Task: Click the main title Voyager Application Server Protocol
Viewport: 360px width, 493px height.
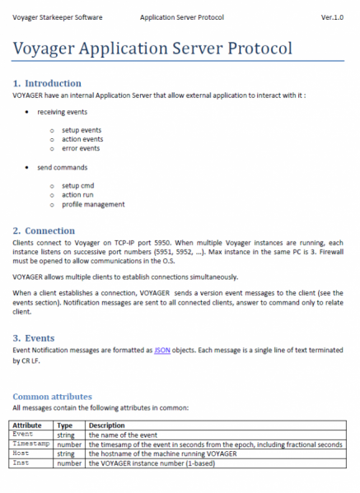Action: tap(152, 48)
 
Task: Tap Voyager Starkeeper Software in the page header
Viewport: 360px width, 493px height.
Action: tap(53, 16)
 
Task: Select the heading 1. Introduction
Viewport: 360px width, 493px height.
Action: tap(47, 83)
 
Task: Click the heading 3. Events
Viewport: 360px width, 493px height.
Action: tap(36, 338)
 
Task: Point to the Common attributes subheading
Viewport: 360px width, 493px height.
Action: tap(52, 397)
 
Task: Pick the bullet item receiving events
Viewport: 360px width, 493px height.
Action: tap(62, 111)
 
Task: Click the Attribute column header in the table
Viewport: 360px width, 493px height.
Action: tap(30, 425)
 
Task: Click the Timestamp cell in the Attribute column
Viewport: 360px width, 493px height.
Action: tap(31, 444)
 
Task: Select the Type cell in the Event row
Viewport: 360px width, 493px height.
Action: tap(66, 435)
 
